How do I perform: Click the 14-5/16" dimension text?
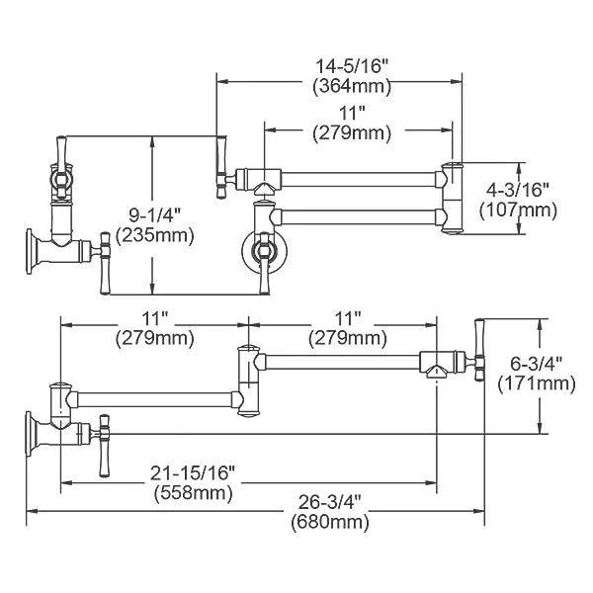[352, 67]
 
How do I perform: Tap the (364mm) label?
[352, 87]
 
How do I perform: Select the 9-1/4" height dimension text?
[155, 215]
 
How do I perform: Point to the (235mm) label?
[155, 235]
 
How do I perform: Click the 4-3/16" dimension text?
[517, 190]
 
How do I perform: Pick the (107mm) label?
[518, 211]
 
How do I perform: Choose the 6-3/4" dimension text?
[537, 364]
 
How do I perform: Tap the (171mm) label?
[537, 384]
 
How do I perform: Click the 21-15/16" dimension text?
[193, 473]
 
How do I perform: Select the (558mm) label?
[193, 493]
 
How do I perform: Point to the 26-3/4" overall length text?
[330, 503]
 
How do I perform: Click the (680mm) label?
[330, 523]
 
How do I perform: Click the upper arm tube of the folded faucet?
[358, 180]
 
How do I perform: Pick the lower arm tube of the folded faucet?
[358, 217]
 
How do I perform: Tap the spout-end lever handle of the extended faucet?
[479, 350]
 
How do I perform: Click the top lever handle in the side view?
[61, 151]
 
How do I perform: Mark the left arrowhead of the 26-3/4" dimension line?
[32, 512]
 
